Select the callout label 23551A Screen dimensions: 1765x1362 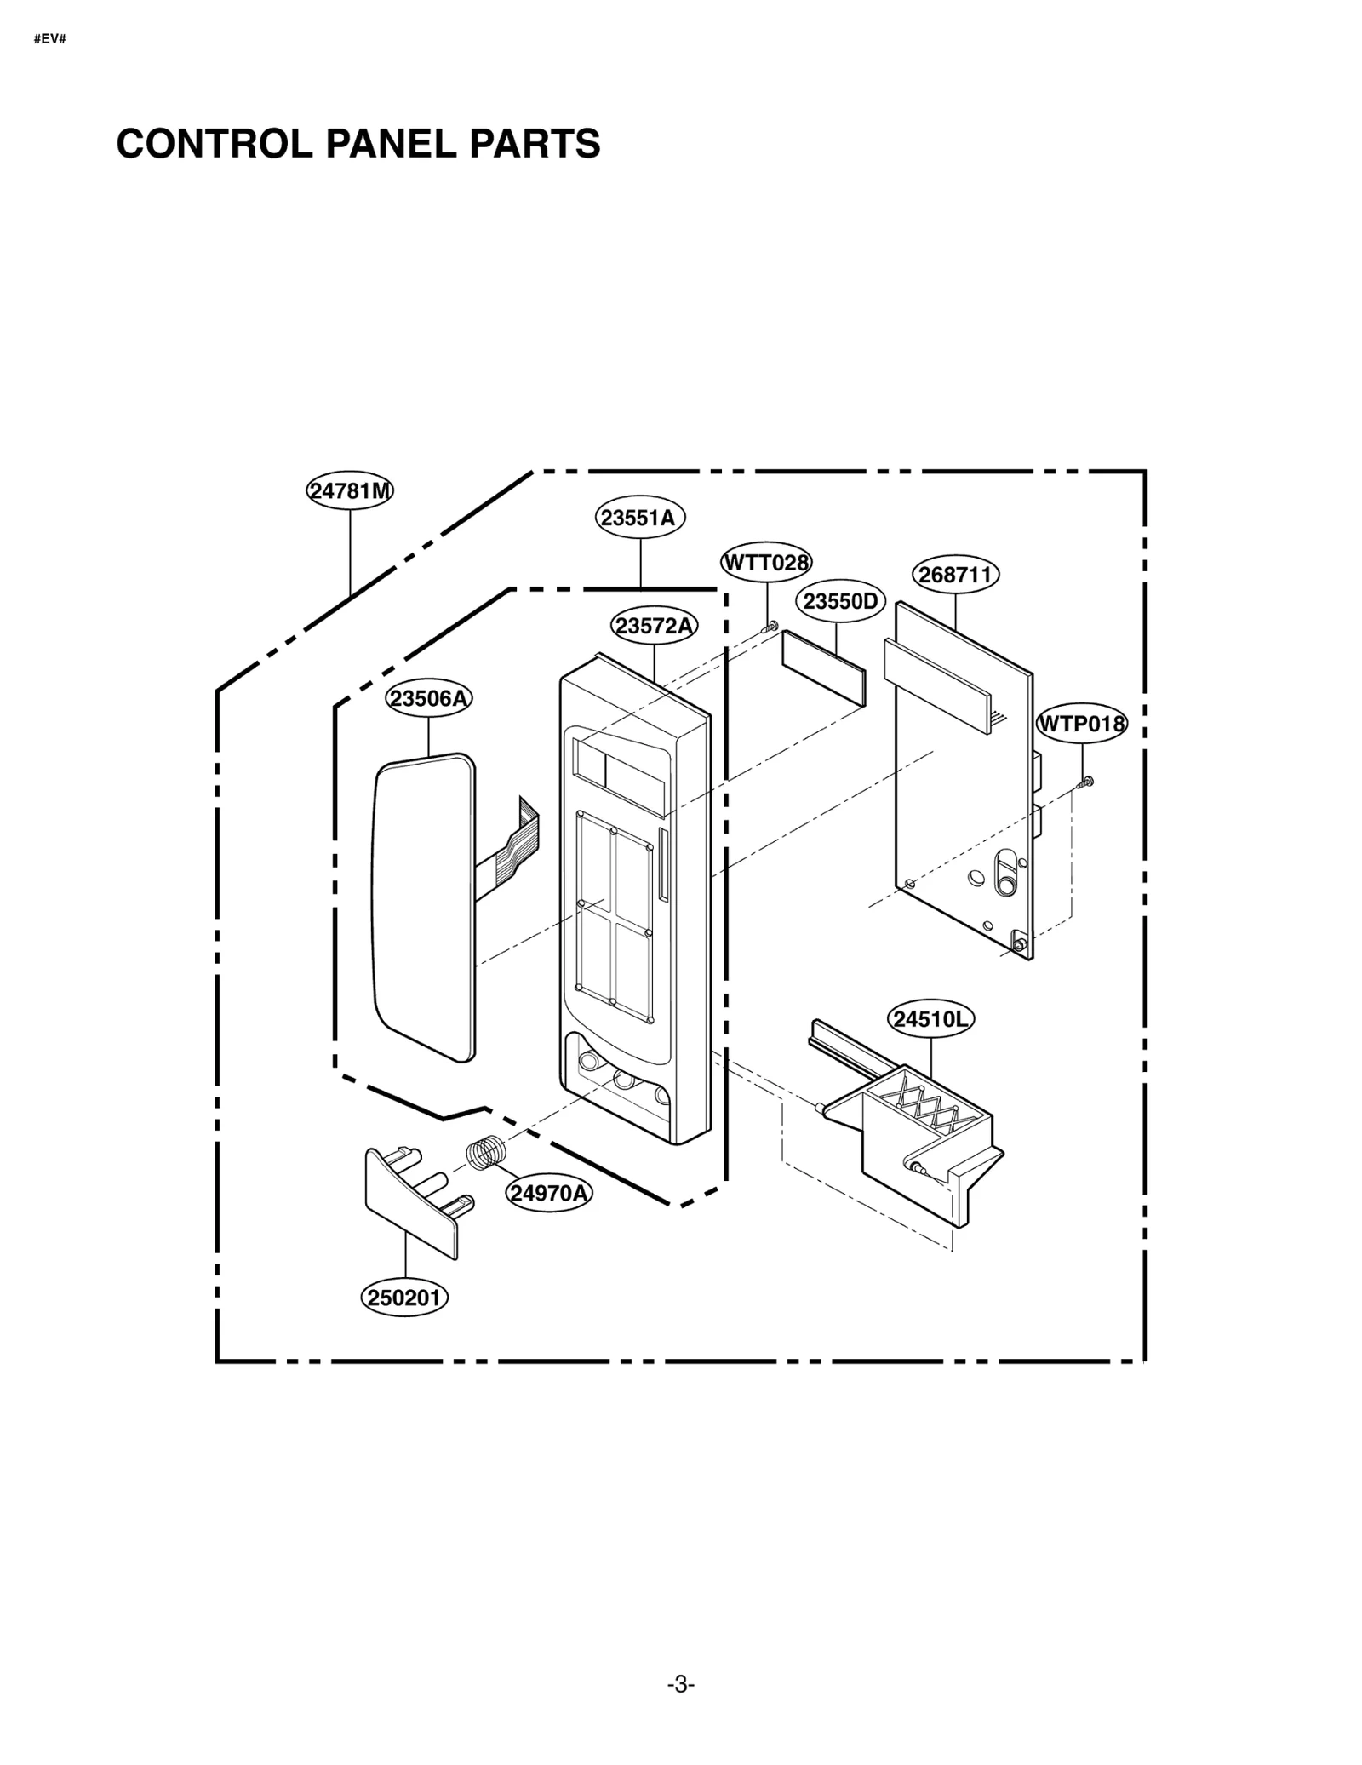click(x=639, y=518)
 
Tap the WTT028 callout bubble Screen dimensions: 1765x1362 click(x=766, y=563)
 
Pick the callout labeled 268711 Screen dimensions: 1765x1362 click(x=955, y=575)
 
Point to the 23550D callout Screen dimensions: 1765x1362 click(x=840, y=602)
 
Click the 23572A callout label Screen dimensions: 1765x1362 click(x=654, y=627)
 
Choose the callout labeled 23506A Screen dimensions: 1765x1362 click(x=429, y=698)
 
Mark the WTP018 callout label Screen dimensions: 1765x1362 click(x=1081, y=725)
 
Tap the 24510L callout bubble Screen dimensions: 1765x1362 click(x=930, y=1019)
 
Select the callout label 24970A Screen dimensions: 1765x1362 click(x=549, y=1193)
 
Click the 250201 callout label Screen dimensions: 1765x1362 click(x=404, y=1298)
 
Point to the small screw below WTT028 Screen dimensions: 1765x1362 click(x=772, y=627)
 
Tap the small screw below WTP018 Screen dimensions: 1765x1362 click(x=1086, y=782)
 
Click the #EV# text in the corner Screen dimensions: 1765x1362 click(x=49, y=39)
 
